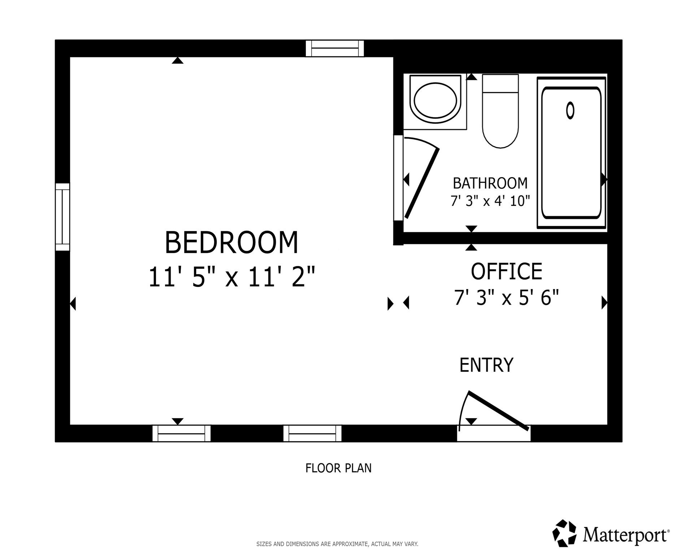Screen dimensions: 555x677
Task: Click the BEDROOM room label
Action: click(x=231, y=243)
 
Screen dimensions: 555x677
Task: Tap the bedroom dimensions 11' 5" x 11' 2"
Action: click(x=231, y=277)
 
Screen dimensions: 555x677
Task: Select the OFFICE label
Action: click(x=506, y=272)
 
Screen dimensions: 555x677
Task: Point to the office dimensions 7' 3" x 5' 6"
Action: click(x=506, y=298)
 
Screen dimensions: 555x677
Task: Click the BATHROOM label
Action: click(x=490, y=184)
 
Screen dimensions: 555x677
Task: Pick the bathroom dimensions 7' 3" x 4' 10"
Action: click(x=490, y=201)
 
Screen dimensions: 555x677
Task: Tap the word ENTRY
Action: click(x=486, y=365)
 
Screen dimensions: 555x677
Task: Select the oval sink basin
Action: click(x=435, y=100)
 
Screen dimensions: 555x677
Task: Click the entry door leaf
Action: click(x=499, y=411)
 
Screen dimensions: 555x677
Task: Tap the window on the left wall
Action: click(x=62, y=217)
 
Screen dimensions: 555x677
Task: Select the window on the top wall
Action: click(x=335, y=49)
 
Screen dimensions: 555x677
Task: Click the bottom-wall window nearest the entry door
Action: click(x=312, y=433)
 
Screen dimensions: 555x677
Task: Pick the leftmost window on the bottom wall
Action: click(x=181, y=433)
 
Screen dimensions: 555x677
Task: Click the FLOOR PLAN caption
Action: click(x=338, y=468)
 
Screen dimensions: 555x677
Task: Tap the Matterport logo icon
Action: click(x=565, y=533)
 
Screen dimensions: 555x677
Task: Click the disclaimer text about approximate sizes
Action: click(x=337, y=544)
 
